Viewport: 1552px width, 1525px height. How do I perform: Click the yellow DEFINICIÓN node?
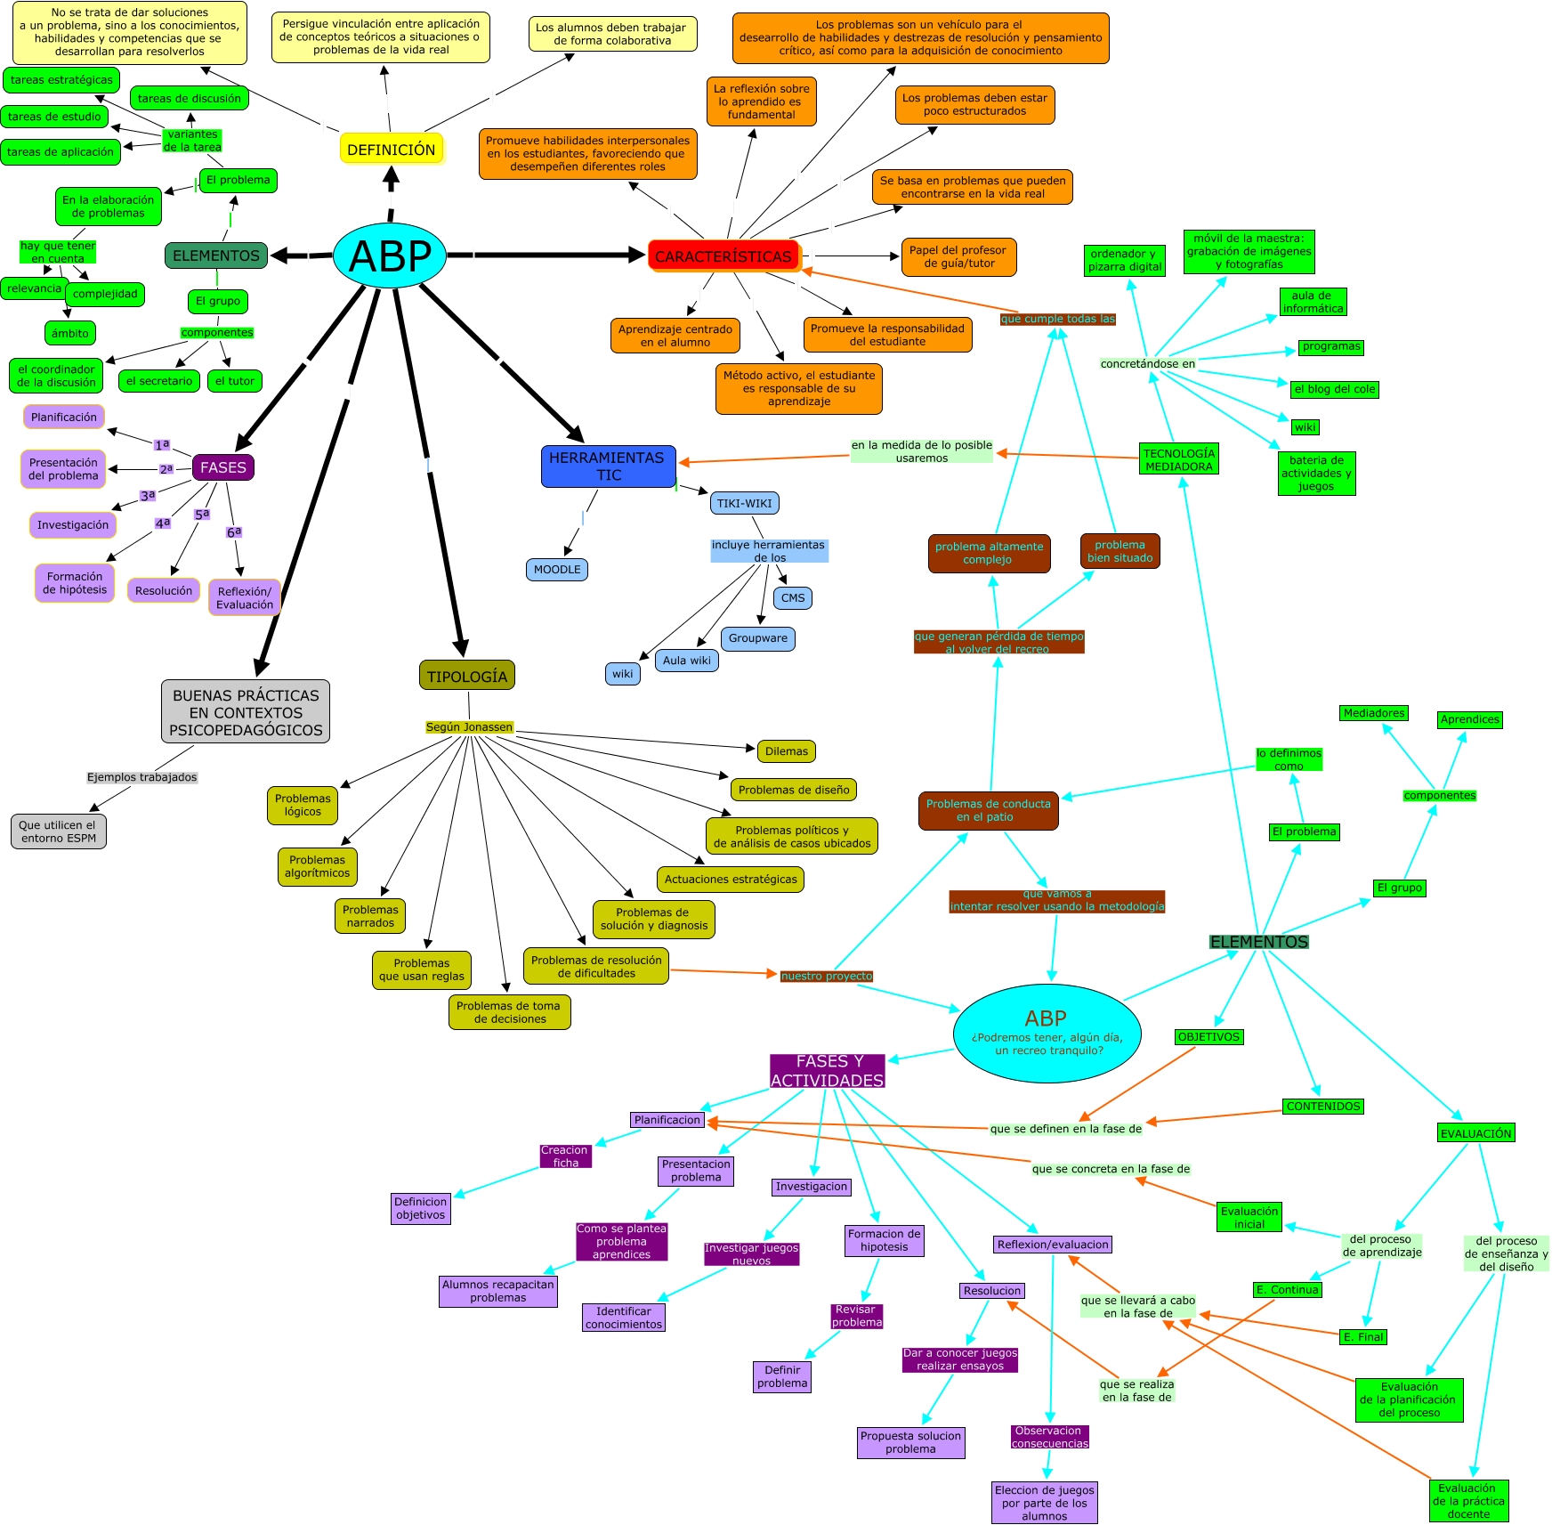[x=391, y=150]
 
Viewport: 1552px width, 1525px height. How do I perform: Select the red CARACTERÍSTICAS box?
[x=723, y=256]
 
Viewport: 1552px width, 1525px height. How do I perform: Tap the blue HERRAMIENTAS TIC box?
[x=608, y=466]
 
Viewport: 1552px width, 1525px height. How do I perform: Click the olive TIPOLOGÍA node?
[x=467, y=676]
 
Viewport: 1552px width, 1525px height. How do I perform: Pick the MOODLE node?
[x=557, y=570]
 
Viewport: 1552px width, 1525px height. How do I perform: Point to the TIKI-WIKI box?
[x=745, y=503]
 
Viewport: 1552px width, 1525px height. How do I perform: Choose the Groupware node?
[x=758, y=638]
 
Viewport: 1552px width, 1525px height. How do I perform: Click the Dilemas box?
[x=787, y=751]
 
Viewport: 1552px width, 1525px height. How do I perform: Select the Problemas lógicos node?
[x=303, y=805]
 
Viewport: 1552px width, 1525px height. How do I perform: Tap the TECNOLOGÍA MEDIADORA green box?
[x=1179, y=460]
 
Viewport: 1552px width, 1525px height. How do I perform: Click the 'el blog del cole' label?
[x=1335, y=389]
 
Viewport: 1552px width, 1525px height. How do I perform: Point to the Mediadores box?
[x=1374, y=713]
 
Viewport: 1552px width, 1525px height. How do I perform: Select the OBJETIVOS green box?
[x=1208, y=1037]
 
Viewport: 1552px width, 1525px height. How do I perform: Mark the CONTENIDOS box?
[x=1323, y=1107]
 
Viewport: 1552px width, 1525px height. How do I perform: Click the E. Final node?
[x=1363, y=1337]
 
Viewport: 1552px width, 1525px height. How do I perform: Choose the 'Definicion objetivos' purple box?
[x=421, y=1208]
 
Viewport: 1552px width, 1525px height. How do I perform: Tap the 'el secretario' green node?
[x=159, y=381]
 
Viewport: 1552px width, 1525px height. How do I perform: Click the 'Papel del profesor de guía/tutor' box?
[x=958, y=257]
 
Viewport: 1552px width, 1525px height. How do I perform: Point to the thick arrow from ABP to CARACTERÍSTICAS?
[x=552, y=256]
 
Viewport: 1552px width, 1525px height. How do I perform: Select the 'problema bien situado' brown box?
[x=1120, y=551]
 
